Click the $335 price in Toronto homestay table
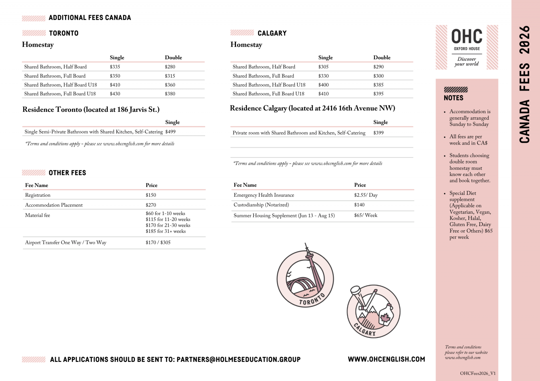(x=115, y=67)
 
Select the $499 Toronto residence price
(x=170, y=132)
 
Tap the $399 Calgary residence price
(x=378, y=133)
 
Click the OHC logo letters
(x=467, y=36)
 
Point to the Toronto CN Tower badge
(x=305, y=278)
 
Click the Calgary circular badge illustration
(x=373, y=312)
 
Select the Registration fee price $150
(x=151, y=195)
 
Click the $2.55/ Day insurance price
(x=366, y=195)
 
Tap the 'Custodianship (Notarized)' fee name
(x=261, y=205)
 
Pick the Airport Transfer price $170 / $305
(x=158, y=243)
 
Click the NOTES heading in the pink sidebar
(x=454, y=98)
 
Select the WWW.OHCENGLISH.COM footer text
(x=386, y=359)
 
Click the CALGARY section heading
(x=272, y=33)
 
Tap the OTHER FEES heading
(x=67, y=173)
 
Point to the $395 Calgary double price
(x=378, y=94)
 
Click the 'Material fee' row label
(x=37, y=215)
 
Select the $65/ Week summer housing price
(x=366, y=215)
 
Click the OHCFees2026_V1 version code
(x=478, y=373)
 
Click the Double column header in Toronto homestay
(x=173, y=58)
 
